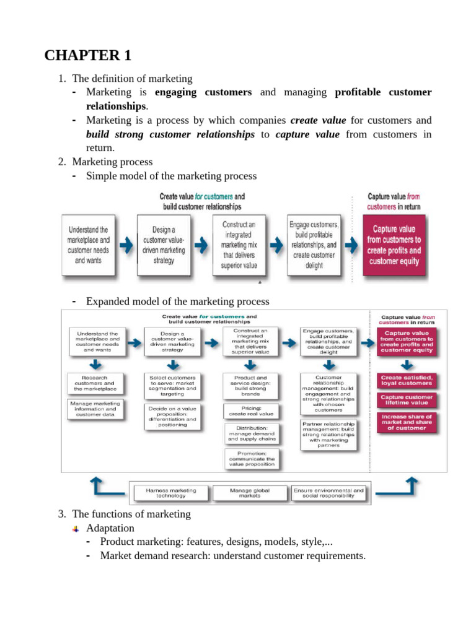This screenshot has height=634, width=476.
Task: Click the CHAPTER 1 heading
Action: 88,55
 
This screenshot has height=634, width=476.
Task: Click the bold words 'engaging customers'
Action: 203,92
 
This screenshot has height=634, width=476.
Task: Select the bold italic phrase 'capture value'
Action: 307,134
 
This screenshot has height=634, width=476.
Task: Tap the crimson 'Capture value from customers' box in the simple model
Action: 394,245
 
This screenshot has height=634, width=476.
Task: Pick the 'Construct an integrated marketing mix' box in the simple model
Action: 238,245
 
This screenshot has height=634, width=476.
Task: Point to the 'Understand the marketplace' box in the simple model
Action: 89,245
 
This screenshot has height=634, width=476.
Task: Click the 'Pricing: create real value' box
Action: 251,411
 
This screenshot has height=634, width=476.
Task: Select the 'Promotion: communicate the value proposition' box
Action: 251,459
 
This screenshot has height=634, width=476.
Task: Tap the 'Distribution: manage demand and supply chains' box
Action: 251,435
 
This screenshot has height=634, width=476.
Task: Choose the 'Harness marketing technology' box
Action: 171,493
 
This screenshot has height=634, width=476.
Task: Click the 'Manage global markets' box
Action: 250,493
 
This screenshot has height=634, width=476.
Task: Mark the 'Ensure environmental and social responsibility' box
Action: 329,493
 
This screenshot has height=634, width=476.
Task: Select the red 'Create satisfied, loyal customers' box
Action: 407,380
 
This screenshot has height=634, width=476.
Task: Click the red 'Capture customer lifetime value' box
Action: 407,399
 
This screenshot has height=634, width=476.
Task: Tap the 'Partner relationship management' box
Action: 328,435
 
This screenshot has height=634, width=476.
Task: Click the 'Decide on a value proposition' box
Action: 173,416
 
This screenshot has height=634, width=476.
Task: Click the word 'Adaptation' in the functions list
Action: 110,528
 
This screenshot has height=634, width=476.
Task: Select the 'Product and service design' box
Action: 251,385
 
